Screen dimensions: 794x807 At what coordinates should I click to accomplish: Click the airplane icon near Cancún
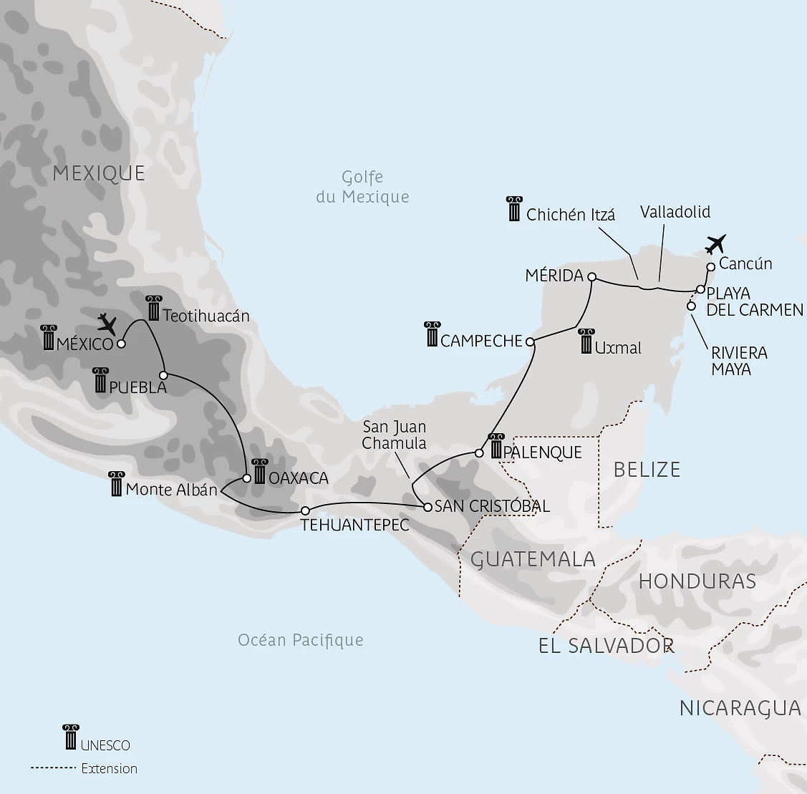click(x=715, y=243)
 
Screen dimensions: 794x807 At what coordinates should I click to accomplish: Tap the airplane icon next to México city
click(x=107, y=324)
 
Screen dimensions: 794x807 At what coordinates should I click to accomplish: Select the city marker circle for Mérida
click(x=591, y=276)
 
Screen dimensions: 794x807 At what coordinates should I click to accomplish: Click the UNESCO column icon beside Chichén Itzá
click(x=513, y=208)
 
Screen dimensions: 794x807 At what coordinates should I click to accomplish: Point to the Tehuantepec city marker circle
click(x=305, y=510)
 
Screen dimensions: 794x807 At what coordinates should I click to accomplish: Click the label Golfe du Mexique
click(x=362, y=187)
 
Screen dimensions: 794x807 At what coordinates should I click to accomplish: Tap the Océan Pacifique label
click(x=301, y=640)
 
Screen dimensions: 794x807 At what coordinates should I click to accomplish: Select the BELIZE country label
click(x=647, y=470)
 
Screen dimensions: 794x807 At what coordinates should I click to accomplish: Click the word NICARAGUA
click(x=740, y=708)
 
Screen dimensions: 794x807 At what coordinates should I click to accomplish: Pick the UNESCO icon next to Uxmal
click(x=586, y=342)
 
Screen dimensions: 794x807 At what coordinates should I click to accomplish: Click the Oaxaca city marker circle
click(x=247, y=478)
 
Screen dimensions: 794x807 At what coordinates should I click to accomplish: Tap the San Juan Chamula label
click(x=394, y=435)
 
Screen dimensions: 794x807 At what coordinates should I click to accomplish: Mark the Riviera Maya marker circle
click(x=691, y=306)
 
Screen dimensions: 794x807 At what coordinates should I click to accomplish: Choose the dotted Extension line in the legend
click(x=53, y=768)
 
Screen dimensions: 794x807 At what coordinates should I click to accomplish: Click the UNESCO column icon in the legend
click(x=70, y=737)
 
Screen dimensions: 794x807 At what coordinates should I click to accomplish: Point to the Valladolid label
click(x=675, y=212)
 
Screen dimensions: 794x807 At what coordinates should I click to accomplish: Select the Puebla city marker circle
click(x=163, y=375)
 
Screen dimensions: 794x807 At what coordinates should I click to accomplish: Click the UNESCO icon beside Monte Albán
click(x=115, y=484)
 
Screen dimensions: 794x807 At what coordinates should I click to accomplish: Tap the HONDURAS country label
click(x=697, y=581)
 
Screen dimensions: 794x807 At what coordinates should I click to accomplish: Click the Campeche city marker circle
click(x=531, y=342)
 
